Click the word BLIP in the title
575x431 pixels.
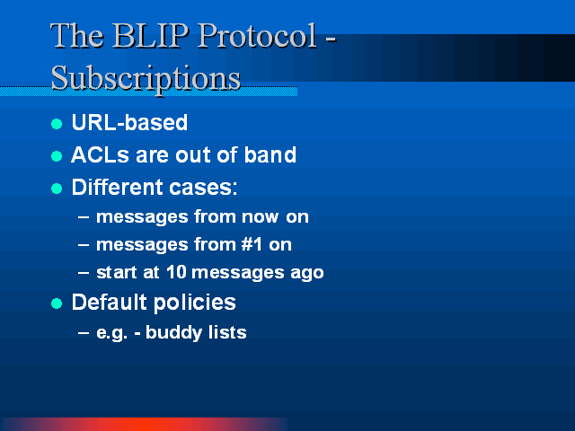click(x=150, y=36)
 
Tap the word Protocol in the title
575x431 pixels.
click(x=257, y=36)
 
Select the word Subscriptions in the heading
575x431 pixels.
click(x=146, y=78)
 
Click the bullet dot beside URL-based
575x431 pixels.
click(x=57, y=124)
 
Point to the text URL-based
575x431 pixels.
click(x=129, y=122)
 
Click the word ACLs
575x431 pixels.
click(x=100, y=154)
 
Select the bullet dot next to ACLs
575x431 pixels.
click(x=57, y=156)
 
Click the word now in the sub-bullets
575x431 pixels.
click(x=260, y=217)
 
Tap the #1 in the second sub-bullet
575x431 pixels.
click(x=252, y=244)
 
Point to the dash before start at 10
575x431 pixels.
click(x=84, y=273)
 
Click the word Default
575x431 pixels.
click(x=110, y=302)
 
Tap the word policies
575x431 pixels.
click(x=194, y=303)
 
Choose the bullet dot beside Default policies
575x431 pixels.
click(x=57, y=303)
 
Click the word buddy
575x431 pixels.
click(x=173, y=333)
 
